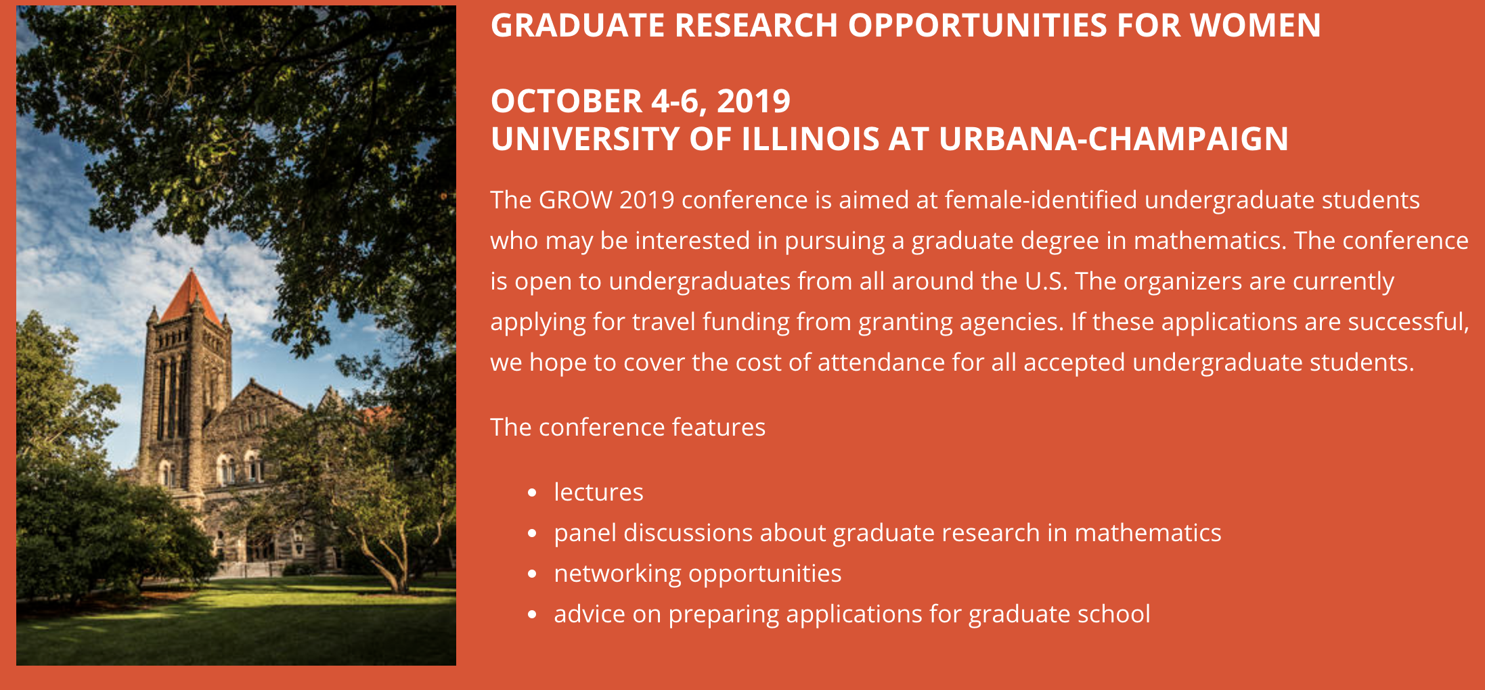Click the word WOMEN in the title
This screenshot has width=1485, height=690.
tap(1255, 26)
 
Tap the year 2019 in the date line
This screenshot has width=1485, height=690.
tap(753, 101)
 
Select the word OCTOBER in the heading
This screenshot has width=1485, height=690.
tap(567, 101)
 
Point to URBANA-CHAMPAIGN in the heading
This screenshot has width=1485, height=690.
tap(1113, 139)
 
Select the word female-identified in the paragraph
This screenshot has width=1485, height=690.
tap(1041, 200)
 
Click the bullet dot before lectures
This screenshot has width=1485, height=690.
tap(532, 493)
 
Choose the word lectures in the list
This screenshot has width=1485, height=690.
tap(598, 492)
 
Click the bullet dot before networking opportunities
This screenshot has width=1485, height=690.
tap(532, 574)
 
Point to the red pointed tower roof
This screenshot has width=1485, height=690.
tap(192, 297)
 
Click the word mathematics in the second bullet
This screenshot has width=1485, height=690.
tap(1148, 533)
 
